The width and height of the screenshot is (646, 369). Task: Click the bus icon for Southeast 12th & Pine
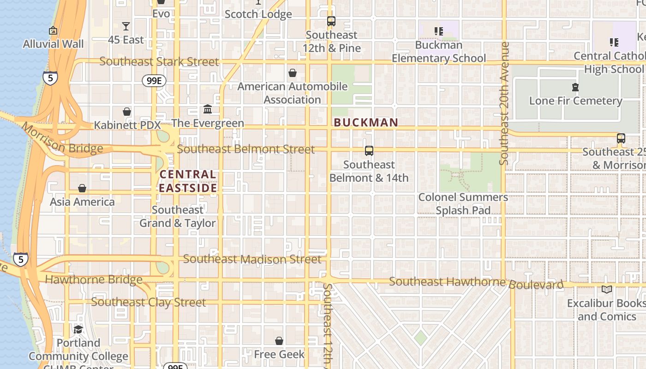(x=331, y=21)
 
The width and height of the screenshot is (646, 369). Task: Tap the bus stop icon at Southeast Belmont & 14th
(x=369, y=150)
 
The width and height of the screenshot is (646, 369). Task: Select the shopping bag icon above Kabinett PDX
(x=127, y=112)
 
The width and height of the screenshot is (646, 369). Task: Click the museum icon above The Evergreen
(x=208, y=109)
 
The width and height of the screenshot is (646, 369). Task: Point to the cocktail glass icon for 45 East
(x=126, y=26)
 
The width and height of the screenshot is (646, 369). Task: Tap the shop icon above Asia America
(x=82, y=188)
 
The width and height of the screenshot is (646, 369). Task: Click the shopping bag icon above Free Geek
(x=279, y=341)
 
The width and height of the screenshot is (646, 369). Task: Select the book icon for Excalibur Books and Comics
(x=607, y=290)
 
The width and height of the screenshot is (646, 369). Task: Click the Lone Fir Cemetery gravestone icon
(x=575, y=87)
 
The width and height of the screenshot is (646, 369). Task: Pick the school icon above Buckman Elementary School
(x=439, y=31)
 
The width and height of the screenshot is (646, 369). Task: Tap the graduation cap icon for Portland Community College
(x=78, y=329)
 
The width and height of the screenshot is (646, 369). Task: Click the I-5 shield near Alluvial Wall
(x=50, y=77)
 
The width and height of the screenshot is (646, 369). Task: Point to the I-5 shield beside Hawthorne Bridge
(x=20, y=259)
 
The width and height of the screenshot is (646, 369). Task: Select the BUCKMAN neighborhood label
(x=366, y=123)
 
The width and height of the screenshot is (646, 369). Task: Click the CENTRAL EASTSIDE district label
(x=188, y=181)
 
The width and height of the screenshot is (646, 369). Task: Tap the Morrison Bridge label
(x=62, y=139)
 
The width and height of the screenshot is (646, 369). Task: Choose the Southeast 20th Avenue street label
(x=504, y=103)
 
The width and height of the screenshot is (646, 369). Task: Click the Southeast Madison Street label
(x=252, y=259)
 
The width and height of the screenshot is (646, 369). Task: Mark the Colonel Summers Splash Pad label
(x=463, y=204)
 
